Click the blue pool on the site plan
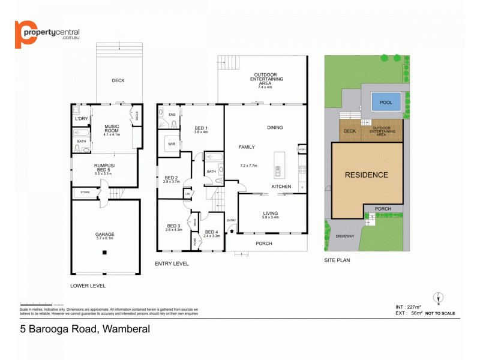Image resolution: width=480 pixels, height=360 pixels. click(382, 103)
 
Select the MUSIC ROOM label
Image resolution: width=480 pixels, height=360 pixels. click(112, 128)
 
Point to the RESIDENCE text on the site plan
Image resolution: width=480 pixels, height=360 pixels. click(366, 175)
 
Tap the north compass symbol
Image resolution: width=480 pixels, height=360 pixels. click(439, 298)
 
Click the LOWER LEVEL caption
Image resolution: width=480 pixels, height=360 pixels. click(88, 286)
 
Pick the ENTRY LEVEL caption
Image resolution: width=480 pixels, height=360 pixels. click(172, 263)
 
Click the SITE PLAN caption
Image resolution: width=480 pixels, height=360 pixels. click(337, 260)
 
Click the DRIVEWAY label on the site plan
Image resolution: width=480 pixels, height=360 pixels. click(345, 236)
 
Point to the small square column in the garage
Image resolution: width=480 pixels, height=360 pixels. click(104, 253)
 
